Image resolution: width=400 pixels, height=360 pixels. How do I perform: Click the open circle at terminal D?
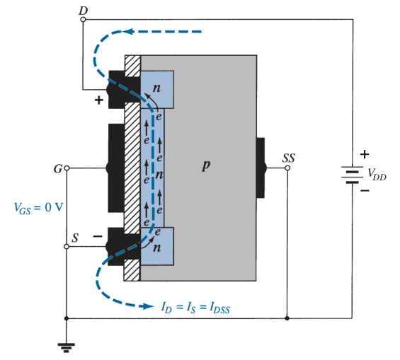pos(83,19)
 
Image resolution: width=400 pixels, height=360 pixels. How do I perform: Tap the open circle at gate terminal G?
pos(67,168)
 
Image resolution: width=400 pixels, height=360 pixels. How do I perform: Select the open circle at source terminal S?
pos(67,247)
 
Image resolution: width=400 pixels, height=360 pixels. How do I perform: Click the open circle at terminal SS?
pos(287,168)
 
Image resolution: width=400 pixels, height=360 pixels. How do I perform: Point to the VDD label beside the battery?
pos(377,174)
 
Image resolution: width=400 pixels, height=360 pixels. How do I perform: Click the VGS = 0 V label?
pos(38,208)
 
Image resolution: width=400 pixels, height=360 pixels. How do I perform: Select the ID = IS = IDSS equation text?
pos(195,307)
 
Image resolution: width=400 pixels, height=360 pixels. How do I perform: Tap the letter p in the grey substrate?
pos(206,166)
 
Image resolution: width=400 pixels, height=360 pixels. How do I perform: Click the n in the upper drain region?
pos(156,88)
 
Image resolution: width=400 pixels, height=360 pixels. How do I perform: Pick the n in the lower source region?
pos(157,248)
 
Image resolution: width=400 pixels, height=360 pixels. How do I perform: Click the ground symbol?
pos(67,347)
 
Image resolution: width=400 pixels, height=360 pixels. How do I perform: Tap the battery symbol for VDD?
pos(353,175)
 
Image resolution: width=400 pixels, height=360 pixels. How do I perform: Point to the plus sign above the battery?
pos(365,154)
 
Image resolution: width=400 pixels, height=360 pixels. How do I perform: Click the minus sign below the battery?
pos(365,190)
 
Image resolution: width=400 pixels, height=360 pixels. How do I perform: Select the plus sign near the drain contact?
pos(98,100)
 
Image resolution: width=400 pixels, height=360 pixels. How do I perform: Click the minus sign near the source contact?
pos(98,237)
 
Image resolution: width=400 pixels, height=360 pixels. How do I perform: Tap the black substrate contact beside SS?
pos(261,168)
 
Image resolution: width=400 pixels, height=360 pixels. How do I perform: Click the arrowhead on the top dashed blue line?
pos(128,32)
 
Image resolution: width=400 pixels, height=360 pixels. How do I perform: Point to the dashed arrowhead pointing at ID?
pos(149,306)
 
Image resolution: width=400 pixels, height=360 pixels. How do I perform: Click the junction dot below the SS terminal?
pos(287,318)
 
